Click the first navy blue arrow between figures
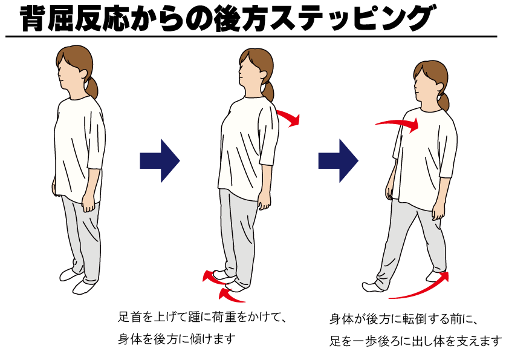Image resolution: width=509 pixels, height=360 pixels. click(x=160, y=160)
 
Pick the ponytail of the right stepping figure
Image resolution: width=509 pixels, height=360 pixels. click(x=444, y=102)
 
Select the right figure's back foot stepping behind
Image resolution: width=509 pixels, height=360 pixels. click(x=436, y=276)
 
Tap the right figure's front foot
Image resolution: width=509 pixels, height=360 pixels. click(x=374, y=286)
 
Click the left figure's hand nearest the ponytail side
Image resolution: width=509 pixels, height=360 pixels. click(x=88, y=204)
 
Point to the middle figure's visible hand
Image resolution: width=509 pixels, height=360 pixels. click(x=264, y=201)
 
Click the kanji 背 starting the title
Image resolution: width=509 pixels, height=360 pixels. click(x=32, y=18)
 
